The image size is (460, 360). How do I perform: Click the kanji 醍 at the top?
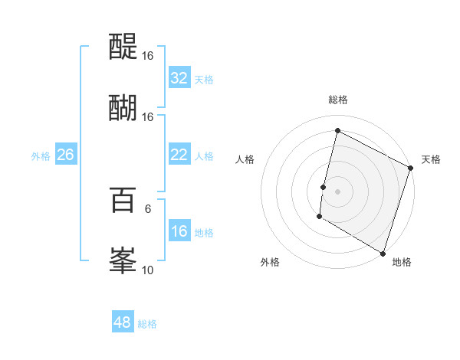[123, 47]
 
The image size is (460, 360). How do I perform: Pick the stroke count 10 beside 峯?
[148, 270]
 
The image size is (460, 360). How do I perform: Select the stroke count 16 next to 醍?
[148, 56]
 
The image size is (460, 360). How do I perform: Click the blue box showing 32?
[179, 78]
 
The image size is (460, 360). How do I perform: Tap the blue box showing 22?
[179, 155]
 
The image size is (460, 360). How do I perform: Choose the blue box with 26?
[65, 155]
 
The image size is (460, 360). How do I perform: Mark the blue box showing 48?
[122, 322]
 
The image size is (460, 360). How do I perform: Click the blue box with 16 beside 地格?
[179, 231]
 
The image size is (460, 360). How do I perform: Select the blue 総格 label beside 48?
[147, 324]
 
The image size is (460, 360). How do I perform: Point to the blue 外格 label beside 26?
[41, 156]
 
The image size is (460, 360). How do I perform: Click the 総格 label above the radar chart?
[337, 100]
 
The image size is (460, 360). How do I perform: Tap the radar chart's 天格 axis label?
[431, 159]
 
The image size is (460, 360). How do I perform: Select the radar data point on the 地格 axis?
[383, 253]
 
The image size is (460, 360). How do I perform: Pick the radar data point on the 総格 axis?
[337, 131]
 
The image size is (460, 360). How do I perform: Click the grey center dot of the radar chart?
[337, 191]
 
